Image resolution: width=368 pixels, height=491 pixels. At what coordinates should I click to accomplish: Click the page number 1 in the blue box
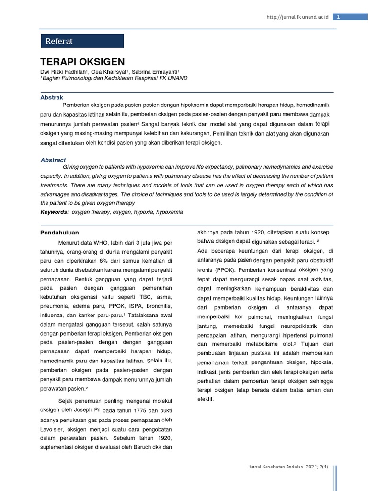pos(338,17)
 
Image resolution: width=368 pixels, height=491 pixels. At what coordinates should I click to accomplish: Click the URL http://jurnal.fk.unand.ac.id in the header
pos(298,17)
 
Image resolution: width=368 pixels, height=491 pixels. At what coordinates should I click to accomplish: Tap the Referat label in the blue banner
pos(59,41)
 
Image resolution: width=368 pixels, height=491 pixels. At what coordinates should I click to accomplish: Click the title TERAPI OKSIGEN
pos(82,62)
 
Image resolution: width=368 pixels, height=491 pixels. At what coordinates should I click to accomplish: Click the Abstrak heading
pos(52,97)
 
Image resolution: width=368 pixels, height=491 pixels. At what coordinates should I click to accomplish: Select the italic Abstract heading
pos(53,160)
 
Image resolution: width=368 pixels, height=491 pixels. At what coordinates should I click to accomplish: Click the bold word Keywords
pos(54,212)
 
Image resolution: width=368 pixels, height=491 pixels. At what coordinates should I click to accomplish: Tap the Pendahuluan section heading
pos(59,233)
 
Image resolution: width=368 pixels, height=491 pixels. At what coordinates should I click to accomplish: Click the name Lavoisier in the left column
pos(52,429)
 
